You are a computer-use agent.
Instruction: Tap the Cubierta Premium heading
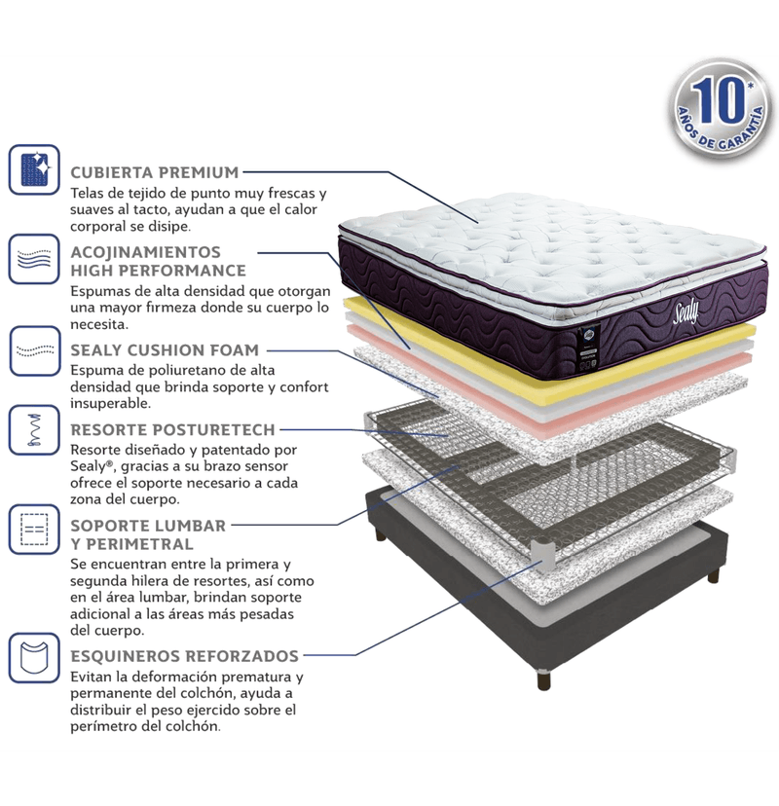tap(155, 172)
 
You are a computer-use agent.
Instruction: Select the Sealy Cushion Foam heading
tap(165, 350)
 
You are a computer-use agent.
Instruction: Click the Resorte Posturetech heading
tap(172, 429)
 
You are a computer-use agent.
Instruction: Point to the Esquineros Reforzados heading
tap(185, 656)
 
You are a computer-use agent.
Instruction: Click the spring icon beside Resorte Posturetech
tap(34, 429)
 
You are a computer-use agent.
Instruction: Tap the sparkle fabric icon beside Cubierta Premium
tap(34, 169)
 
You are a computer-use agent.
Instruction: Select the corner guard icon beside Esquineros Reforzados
tap(34, 657)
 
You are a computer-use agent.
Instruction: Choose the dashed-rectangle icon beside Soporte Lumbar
tap(34, 530)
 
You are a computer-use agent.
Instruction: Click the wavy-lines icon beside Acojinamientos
tap(34, 259)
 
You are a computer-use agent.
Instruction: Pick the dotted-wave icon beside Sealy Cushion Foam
tap(34, 350)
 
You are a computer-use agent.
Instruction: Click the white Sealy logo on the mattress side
tap(686, 312)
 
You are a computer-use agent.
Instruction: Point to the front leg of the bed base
tap(543, 679)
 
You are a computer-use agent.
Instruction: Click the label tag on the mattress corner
tap(586, 346)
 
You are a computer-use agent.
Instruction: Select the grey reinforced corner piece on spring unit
tap(544, 556)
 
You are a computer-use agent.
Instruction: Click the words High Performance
tap(159, 271)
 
